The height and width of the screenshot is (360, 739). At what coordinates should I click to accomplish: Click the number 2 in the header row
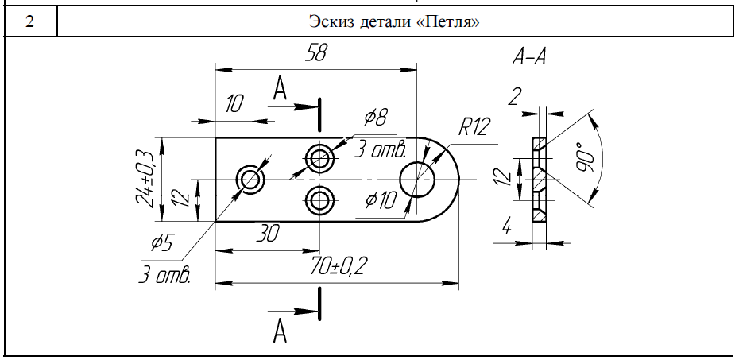click(x=29, y=21)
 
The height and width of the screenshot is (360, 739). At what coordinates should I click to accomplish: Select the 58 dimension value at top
click(x=316, y=54)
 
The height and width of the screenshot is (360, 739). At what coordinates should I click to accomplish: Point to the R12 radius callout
click(x=474, y=127)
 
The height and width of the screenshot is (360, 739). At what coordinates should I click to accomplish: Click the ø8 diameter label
click(x=376, y=118)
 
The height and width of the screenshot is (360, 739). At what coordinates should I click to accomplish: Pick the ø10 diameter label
click(x=379, y=200)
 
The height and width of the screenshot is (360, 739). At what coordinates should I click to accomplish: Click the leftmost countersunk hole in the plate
click(x=250, y=180)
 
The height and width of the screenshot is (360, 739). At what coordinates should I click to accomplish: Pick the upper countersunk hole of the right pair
click(x=320, y=158)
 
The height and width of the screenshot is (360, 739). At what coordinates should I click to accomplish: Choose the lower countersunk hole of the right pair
click(x=320, y=199)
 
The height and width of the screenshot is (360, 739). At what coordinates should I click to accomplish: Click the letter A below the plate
click(x=279, y=331)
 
